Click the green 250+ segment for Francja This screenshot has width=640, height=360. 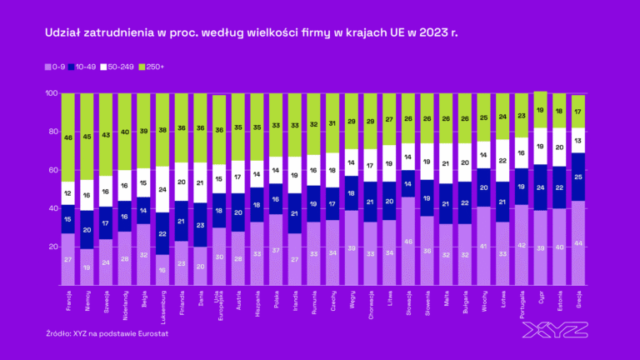(68, 137)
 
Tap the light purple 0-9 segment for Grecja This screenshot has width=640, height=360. (577, 242)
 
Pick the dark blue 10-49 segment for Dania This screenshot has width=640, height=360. (199, 225)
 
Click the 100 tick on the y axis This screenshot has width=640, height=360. (49, 93)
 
